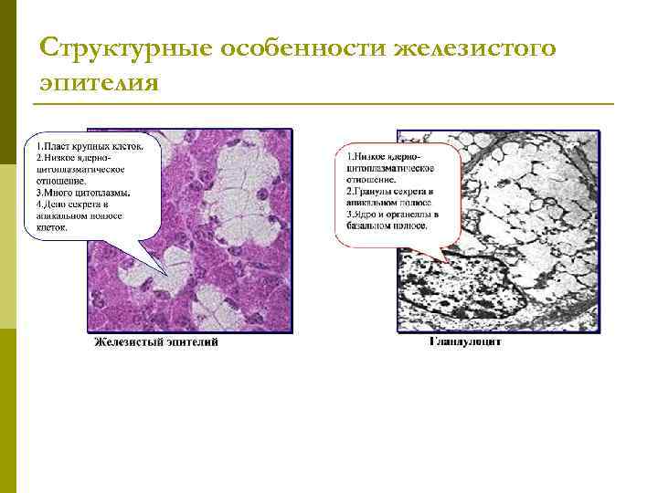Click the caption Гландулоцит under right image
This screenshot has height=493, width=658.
(465, 343)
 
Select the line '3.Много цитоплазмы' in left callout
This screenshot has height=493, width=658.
(83, 193)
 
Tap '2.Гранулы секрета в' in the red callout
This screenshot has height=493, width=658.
(391, 193)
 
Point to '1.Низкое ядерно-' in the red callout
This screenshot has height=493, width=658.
(383, 157)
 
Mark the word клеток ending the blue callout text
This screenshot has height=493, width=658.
(52, 228)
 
